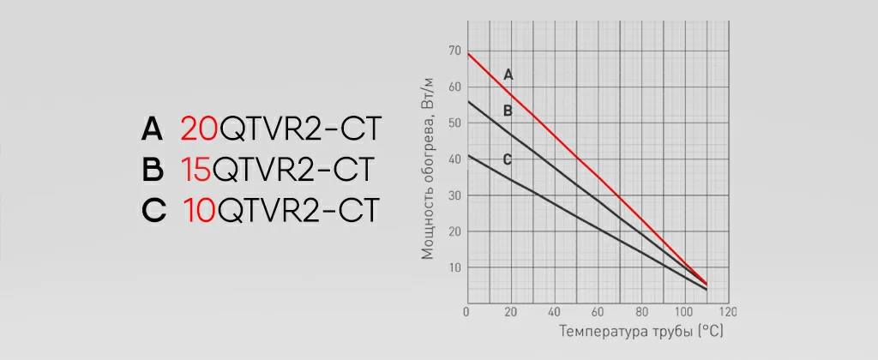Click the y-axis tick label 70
coord(454,51)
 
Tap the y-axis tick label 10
coord(454,267)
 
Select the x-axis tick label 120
coord(727,311)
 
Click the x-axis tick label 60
coord(597,311)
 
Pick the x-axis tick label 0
coord(466,311)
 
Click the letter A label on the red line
coord(508,75)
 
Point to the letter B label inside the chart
coord(508,111)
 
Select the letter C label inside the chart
coord(507,159)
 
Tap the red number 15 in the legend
coord(196,170)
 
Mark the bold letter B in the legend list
coord(153,170)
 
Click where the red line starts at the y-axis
coord(467,54)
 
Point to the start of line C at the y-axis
coord(467,156)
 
